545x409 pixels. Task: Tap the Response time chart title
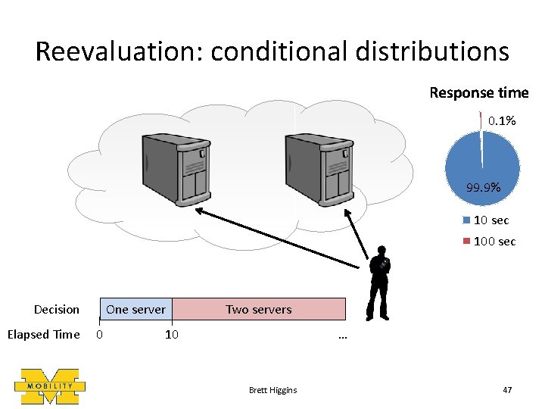click(478, 92)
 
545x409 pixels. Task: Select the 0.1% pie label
click(501, 120)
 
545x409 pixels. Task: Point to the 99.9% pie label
click(482, 189)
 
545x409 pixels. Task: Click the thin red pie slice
click(481, 119)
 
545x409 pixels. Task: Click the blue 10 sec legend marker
click(467, 220)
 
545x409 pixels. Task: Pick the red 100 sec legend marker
click(467, 242)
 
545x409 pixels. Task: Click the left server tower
click(174, 170)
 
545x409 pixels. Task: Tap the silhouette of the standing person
click(379, 283)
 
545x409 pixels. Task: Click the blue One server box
click(135, 309)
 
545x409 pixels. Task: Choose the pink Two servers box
click(259, 309)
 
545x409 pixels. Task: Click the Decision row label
click(57, 309)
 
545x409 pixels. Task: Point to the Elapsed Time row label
click(43, 334)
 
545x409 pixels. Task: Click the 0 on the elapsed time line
click(101, 334)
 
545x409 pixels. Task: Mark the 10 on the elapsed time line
click(172, 334)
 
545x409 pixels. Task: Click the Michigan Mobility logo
click(50, 386)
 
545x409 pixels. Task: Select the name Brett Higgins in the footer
click(272, 390)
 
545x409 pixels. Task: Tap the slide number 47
click(507, 390)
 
